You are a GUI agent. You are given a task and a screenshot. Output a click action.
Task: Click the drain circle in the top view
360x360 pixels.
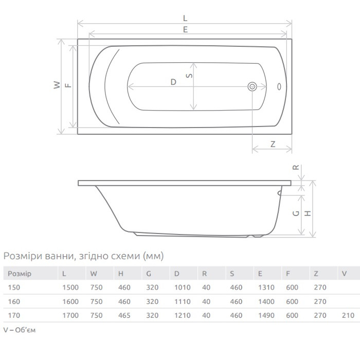pyautogui.click(x=252, y=87)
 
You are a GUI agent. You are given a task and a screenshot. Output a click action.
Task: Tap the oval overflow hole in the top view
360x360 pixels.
pyautogui.click(x=279, y=86)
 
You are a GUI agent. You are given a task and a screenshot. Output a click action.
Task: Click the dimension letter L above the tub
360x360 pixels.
pyautogui.click(x=185, y=18)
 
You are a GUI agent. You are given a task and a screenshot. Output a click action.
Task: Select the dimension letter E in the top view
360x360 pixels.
pyautogui.click(x=185, y=30)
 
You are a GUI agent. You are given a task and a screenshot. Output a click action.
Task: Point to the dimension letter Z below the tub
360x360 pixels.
pyautogui.click(x=273, y=144)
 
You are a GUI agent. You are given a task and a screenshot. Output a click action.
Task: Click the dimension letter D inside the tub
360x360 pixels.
pyautogui.click(x=173, y=82)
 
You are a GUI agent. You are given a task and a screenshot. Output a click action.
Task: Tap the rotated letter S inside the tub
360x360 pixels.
pyautogui.click(x=189, y=76)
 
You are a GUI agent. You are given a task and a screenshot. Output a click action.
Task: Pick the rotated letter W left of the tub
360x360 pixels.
pyautogui.click(x=57, y=85)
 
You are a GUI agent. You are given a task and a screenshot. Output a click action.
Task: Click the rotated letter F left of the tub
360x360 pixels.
pyautogui.click(x=68, y=85)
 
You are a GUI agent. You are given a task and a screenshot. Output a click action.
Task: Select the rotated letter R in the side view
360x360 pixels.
pyautogui.click(x=296, y=167)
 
